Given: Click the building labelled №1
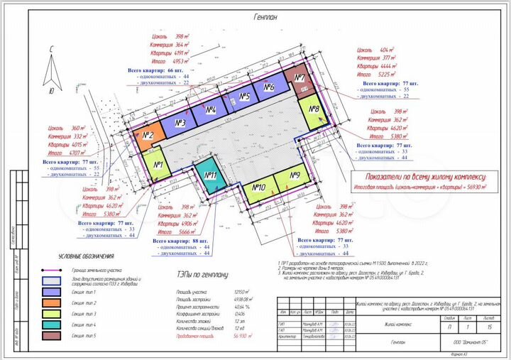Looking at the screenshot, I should pos(158,167).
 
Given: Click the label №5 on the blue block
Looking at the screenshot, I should pos(245,97).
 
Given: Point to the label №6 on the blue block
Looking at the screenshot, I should pos(268,87).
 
